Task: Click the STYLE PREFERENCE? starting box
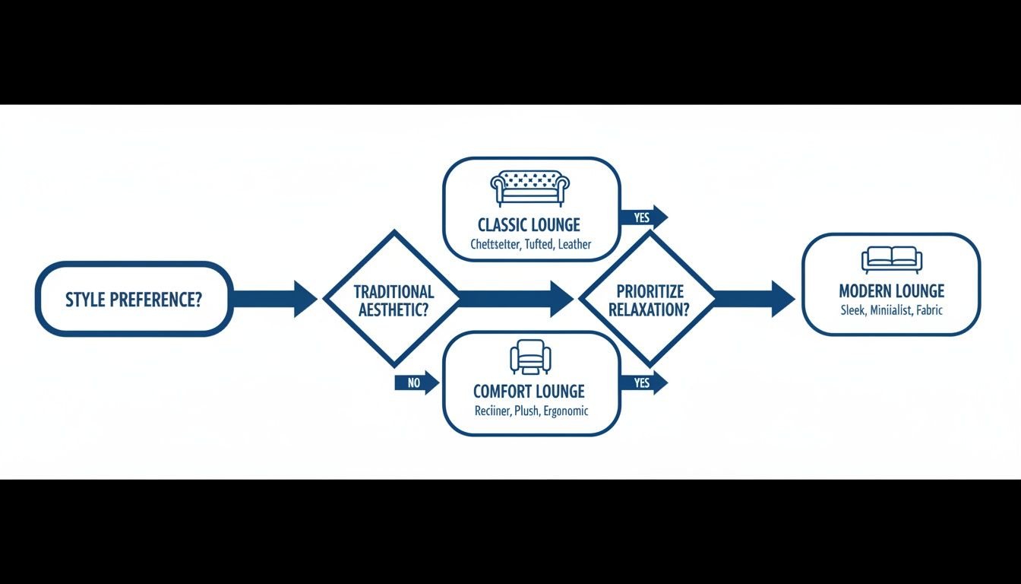(134, 299)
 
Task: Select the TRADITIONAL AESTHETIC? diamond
(392, 299)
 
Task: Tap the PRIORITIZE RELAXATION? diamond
(648, 299)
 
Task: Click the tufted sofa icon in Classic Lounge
(530, 188)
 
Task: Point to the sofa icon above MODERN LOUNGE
(891, 259)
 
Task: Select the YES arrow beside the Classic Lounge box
(644, 217)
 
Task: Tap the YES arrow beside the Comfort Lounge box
(644, 382)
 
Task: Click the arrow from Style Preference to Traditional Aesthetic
(273, 299)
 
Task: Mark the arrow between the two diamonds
(517, 299)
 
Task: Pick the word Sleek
(854, 310)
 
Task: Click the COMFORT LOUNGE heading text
(529, 392)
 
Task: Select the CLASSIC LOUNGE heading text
(529, 225)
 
